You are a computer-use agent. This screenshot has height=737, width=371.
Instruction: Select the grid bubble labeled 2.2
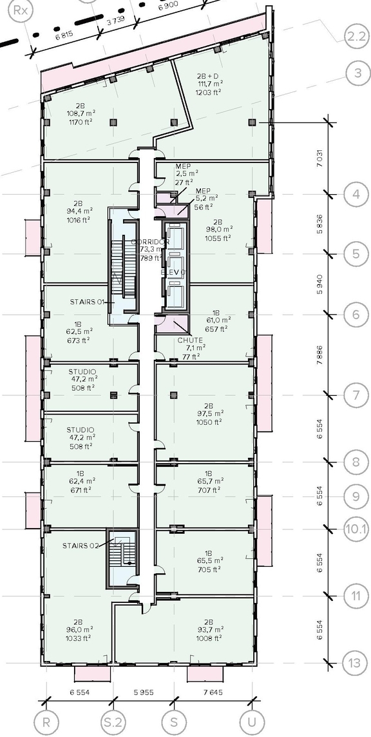356,37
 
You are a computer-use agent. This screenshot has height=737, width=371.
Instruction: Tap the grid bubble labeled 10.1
356,529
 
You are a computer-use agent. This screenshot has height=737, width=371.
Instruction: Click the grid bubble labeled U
248,722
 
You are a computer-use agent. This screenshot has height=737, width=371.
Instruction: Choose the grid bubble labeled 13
356,663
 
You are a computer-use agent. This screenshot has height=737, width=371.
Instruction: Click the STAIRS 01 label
87,301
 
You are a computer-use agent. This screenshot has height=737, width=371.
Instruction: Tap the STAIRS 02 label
81,545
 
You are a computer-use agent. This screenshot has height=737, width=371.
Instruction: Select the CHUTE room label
191,340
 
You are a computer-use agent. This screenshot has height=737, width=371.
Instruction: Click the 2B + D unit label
209,75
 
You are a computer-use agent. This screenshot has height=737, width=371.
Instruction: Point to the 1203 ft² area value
209,92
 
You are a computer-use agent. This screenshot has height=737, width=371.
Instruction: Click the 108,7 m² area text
81,113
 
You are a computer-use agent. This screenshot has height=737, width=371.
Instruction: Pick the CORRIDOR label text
150,242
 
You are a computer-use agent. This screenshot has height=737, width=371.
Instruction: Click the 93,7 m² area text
209,629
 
